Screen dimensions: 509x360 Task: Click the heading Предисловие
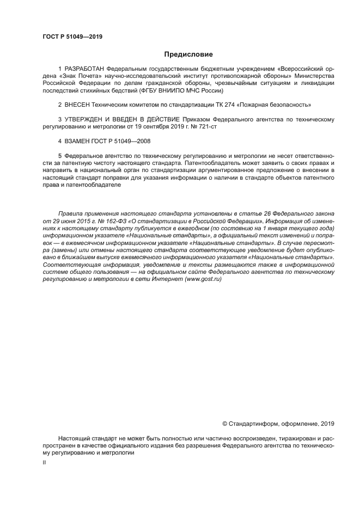click(x=188, y=54)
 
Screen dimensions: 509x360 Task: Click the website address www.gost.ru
click(x=203, y=279)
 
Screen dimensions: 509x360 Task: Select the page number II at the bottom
click(x=44, y=462)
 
